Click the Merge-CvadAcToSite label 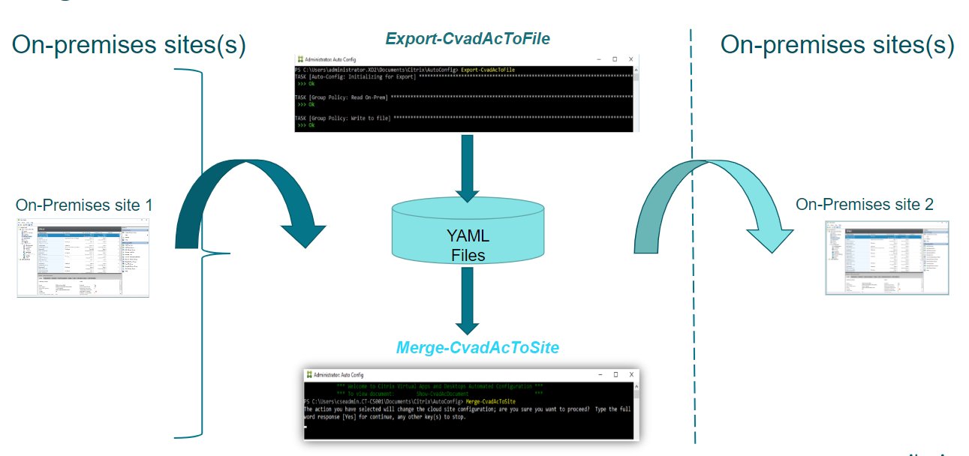477,348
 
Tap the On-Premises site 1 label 79,205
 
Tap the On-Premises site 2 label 864,204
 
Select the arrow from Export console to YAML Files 467,169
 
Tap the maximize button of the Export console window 614,59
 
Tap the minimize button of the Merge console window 597,374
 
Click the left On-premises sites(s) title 128,45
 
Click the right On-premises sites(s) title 837,45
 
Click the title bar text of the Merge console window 338,374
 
